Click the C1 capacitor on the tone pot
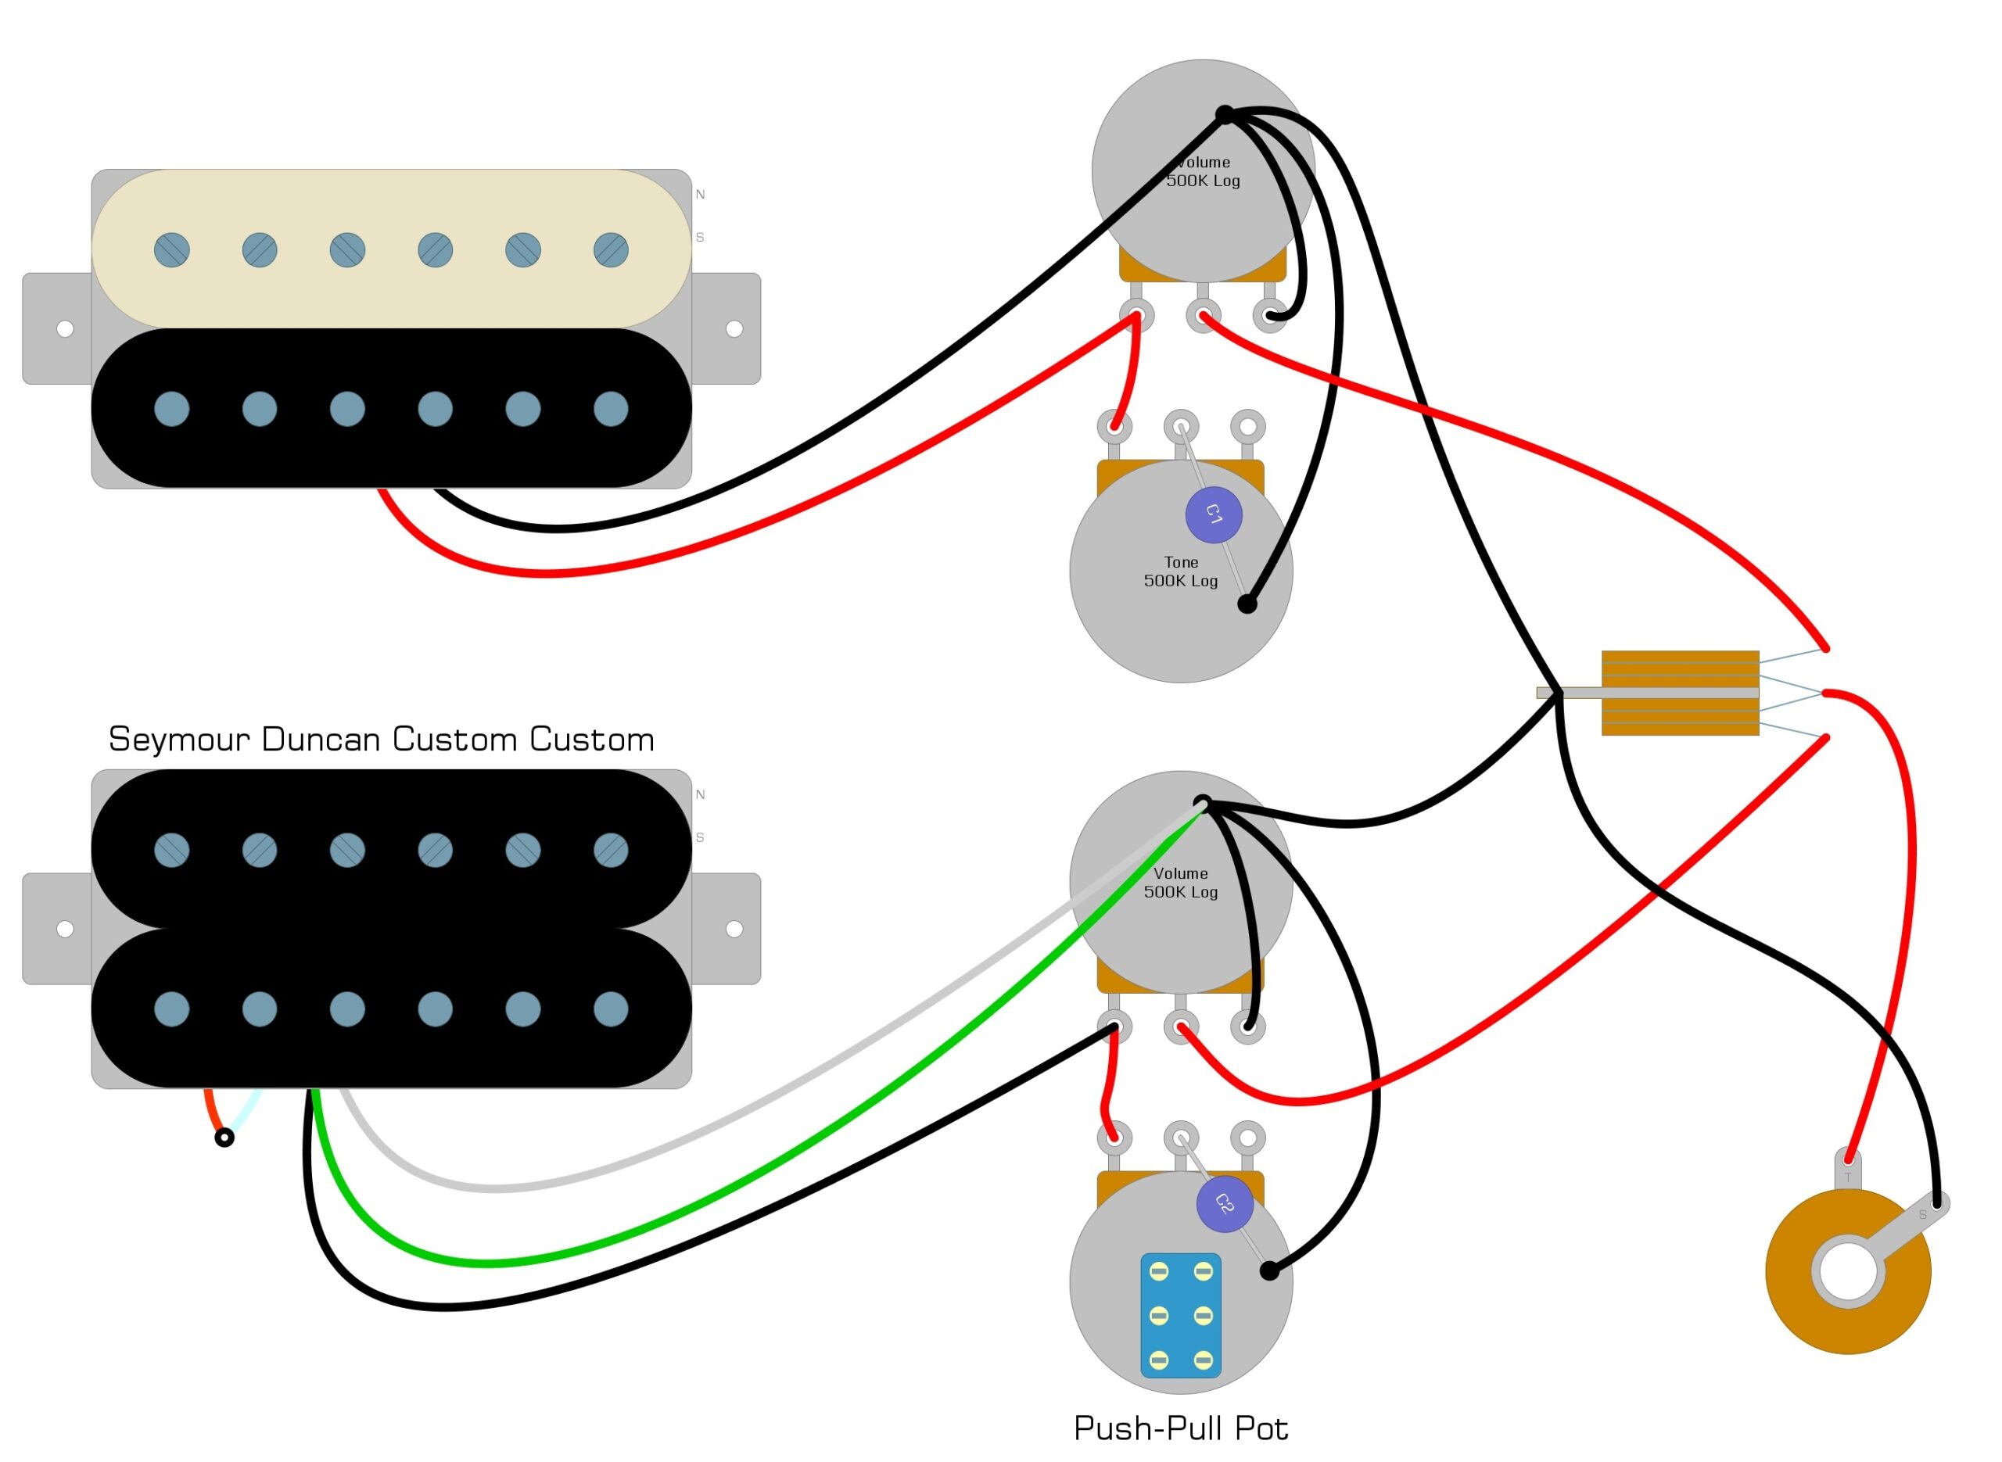[x=1214, y=514]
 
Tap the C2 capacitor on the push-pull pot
[x=1224, y=1203]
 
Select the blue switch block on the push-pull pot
[x=1181, y=1315]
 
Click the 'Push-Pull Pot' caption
[x=1181, y=1428]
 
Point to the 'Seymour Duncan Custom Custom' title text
[x=382, y=739]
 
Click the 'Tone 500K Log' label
[x=1181, y=572]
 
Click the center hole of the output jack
[x=1848, y=1274]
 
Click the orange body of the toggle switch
[x=1680, y=693]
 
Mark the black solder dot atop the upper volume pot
[x=1225, y=114]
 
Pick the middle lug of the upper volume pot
[x=1203, y=315]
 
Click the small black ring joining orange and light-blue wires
[x=224, y=1138]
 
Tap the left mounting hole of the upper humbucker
[x=65, y=329]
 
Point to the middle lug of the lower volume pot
[x=1181, y=1027]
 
